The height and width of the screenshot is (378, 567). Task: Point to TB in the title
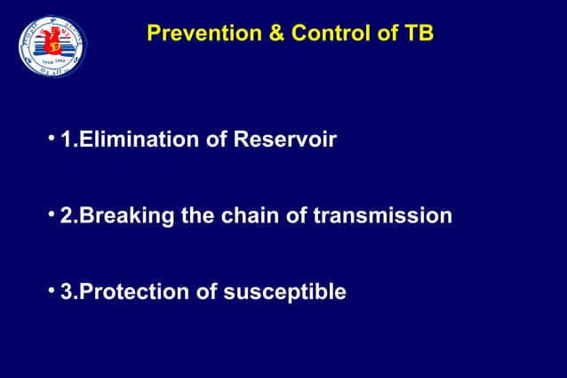pyautogui.click(x=418, y=35)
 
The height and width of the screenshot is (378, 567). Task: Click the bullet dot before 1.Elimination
pyautogui.click(x=52, y=139)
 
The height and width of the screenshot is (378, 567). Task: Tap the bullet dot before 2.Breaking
pyautogui.click(x=52, y=214)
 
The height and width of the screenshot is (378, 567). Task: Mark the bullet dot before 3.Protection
pyautogui.click(x=52, y=290)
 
